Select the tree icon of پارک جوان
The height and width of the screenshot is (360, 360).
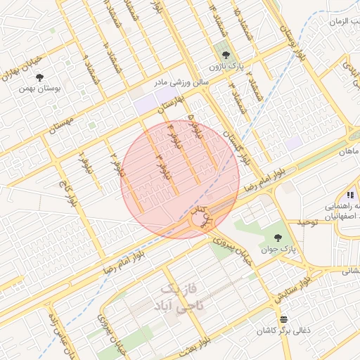tap(281, 238)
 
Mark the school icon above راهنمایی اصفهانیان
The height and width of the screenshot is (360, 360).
tap(349, 195)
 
